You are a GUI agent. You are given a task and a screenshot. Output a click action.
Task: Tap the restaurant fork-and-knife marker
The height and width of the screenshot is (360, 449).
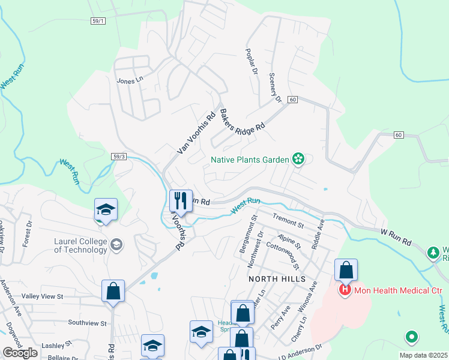(x=181, y=200)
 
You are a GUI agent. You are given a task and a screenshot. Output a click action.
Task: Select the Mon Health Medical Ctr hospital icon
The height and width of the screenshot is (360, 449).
(x=345, y=291)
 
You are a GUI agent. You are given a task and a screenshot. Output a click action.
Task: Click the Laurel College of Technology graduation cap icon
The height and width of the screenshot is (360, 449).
(x=116, y=244)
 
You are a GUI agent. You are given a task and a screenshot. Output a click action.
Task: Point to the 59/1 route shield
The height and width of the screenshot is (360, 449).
(x=98, y=21)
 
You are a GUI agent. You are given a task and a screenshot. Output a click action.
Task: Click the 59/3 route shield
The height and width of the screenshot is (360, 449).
(x=119, y=156)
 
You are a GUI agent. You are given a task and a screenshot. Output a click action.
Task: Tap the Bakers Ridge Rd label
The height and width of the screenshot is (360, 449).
(x=242, y=121)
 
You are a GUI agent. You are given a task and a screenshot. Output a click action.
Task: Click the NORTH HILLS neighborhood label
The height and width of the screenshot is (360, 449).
(x=277, y=280)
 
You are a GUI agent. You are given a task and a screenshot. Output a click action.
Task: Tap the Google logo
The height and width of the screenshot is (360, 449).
(x=20, y=353)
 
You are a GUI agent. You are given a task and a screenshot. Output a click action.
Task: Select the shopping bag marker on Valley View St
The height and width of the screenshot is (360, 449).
(x=113, y=292)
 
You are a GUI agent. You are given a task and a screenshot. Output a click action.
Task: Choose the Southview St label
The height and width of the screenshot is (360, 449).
(x=87, y=323)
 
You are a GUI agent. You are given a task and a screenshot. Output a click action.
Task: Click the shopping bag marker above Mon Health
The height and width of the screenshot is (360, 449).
(x=346, y=270)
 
